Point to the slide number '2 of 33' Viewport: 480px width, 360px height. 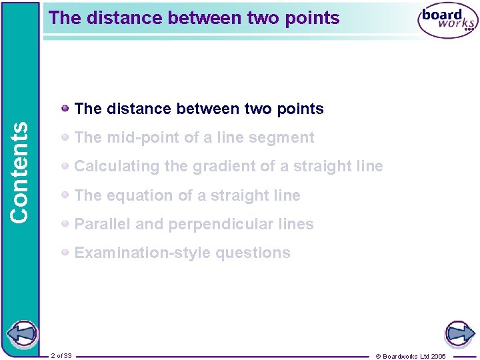pyautogui.click(x=61, y=356)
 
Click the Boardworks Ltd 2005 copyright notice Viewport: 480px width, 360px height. pyautogui.click(x=411, y=356)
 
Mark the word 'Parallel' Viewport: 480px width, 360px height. pyautogui.click(x=103, y=224)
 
